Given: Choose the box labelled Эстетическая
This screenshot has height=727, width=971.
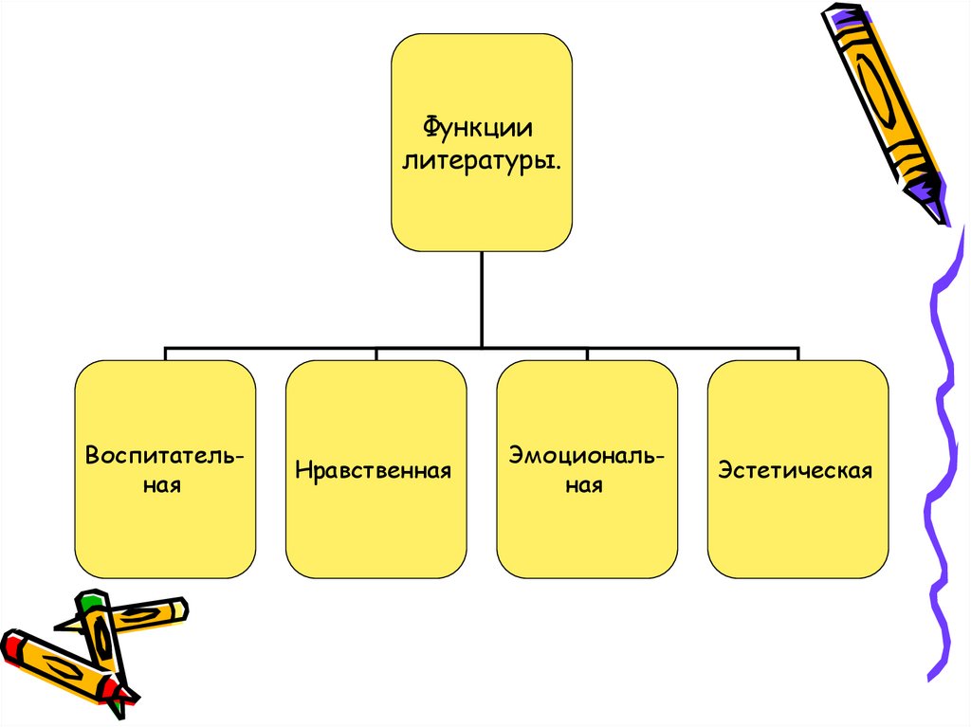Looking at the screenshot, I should tap(797, 512).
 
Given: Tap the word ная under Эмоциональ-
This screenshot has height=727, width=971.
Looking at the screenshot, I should tap(586, 486).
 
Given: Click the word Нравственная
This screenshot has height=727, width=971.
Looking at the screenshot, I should tap(373, 470).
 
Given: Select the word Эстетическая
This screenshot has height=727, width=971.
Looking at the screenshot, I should tap(795, 470).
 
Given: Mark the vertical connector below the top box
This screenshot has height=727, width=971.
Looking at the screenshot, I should tap(481, 299).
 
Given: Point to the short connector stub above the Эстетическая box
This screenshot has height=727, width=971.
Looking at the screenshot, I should tap(798, 354).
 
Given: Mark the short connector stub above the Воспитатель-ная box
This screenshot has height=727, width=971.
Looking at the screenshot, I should tap(165, 354).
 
